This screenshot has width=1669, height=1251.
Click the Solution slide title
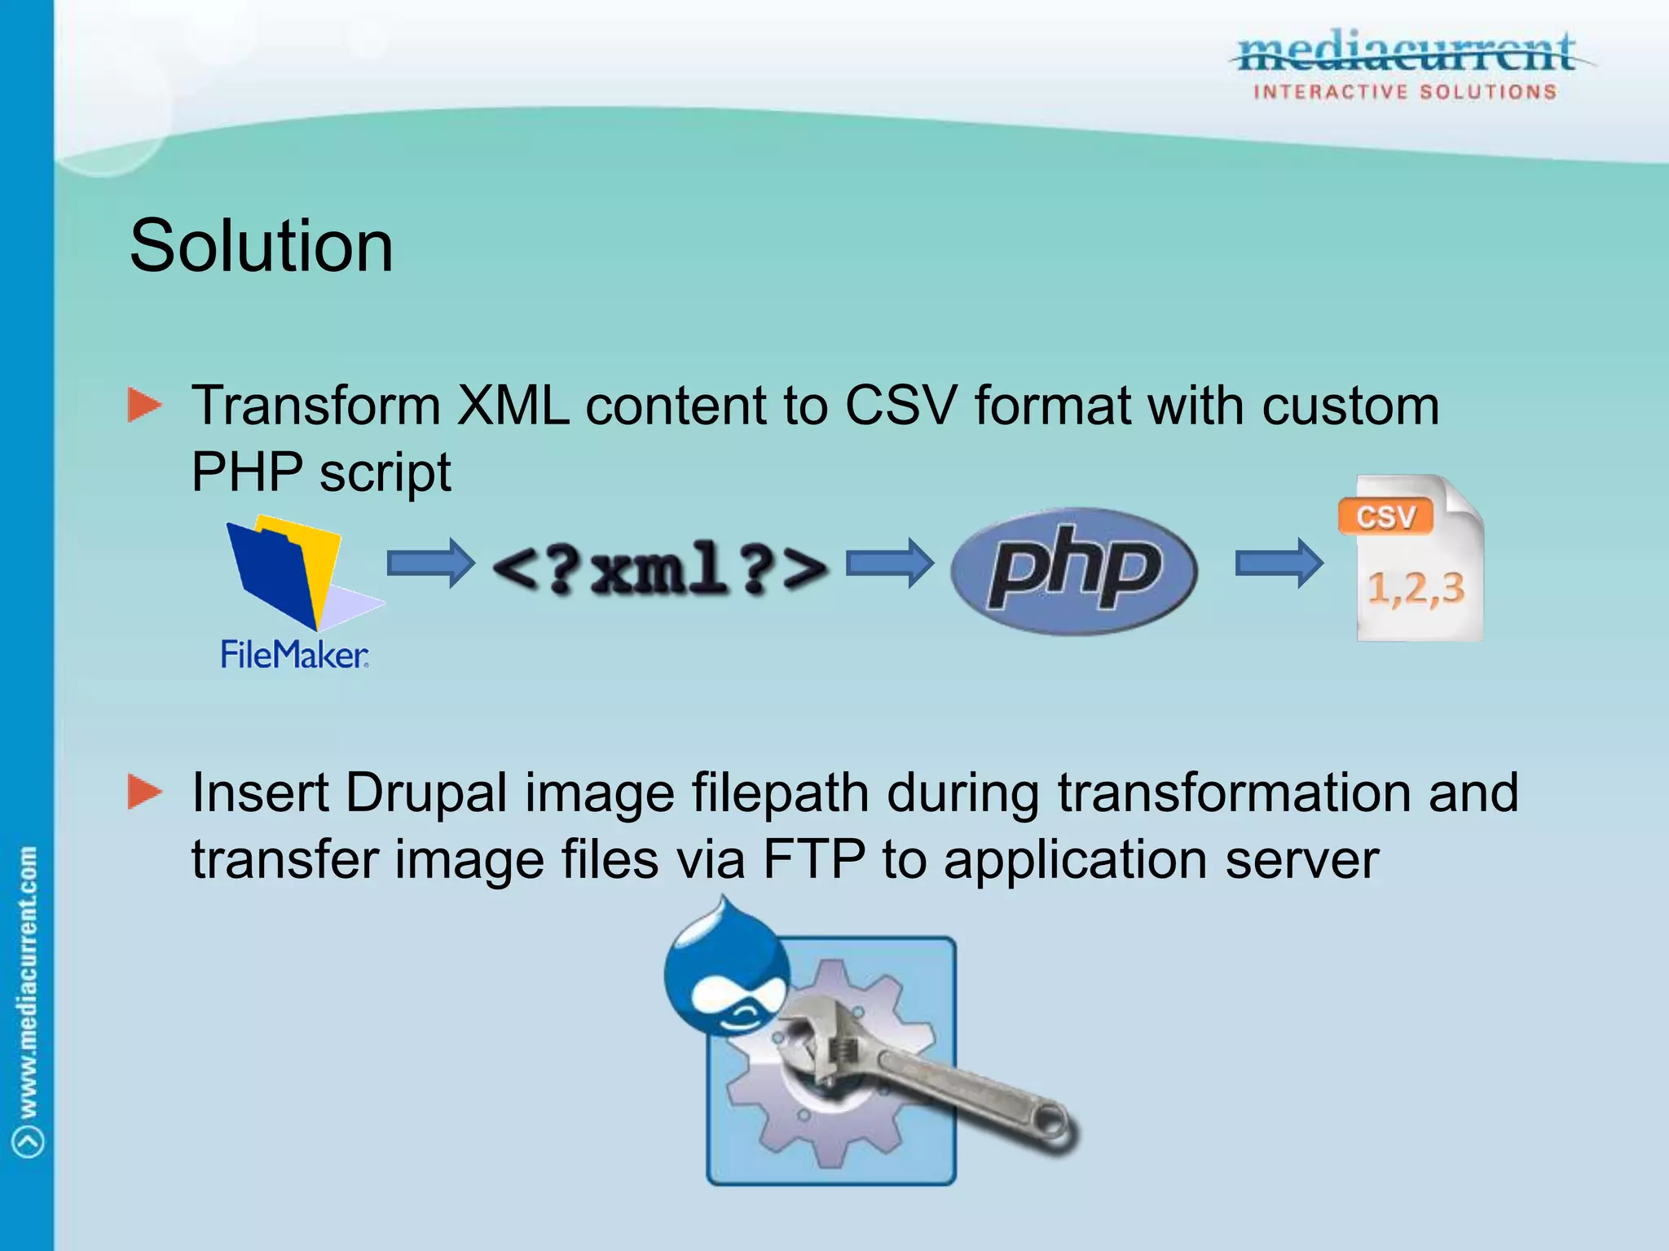261,246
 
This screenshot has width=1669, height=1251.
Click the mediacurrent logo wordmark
1407,52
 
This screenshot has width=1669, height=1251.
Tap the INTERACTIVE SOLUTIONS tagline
1405,92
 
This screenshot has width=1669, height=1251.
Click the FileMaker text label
294,655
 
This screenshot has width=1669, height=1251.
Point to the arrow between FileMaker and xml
430,563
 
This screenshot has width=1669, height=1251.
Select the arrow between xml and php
889,563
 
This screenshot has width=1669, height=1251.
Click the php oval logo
1073,571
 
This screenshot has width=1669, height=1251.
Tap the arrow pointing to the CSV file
1279,563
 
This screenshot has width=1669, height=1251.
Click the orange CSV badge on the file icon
1385,517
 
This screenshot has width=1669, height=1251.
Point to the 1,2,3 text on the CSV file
1416,588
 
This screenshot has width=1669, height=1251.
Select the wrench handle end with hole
1050,1125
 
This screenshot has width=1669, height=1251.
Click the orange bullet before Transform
145,406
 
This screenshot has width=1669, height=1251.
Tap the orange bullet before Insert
145,792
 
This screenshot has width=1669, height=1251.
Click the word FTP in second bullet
813,859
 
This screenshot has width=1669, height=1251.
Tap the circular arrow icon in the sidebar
29,1141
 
